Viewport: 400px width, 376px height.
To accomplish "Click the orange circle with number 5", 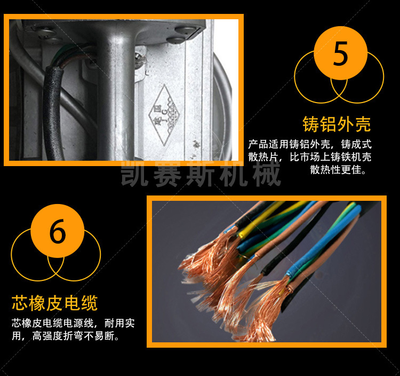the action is point(341,53).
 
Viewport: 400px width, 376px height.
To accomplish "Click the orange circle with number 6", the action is point(58,231).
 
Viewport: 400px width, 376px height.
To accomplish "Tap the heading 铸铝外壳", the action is point(337,124).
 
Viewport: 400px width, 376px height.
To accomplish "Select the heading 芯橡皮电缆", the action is point(54,303).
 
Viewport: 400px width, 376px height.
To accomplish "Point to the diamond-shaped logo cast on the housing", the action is point(164,115).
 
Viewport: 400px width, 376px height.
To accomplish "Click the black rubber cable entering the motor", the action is point(53,112).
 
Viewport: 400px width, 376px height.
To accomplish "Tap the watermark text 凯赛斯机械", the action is point(201,174).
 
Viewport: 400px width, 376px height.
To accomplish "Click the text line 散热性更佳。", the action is point(339,170).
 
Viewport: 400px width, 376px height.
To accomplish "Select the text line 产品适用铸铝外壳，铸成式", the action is point(310,144).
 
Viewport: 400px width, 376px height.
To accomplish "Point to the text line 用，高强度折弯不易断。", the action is point(65,336).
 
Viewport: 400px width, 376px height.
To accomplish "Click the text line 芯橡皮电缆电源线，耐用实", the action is point(73,323).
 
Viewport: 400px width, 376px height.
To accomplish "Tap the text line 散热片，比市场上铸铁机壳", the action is point(310,157).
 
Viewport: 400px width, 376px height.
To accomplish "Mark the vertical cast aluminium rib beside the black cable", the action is point(116,100).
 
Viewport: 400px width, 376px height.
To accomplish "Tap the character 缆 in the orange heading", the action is point(90,303).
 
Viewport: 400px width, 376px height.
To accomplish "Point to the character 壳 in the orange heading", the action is point(363,124).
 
